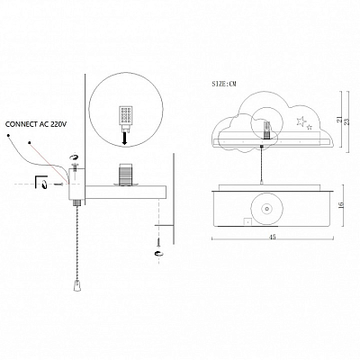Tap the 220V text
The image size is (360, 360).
click(x=58, y=124)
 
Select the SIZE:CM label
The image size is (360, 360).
click(x=224, y=84)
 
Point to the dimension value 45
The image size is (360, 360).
click(x=273, y=238)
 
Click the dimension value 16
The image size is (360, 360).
click(x=340, y=205)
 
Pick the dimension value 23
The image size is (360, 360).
click(x=348, y=121)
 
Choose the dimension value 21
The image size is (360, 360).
click(x=339, y=120)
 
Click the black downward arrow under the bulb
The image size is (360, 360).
click(x=125, y=139)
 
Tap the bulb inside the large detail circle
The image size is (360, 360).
click(x=126, y=118)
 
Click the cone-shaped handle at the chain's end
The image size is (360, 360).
click(x=76, y=285)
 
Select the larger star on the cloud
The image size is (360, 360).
click(x=301, y=121)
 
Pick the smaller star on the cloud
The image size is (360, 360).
click(x=310, y=127)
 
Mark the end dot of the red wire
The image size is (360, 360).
click(x=30, y=142)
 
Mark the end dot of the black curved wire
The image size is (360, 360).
click(x=8, y=136)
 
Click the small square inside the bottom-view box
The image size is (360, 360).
click(x=247, y=221)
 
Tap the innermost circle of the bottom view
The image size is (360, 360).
click(x=265, y=209)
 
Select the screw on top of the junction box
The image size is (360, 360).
click(x=74, y=166)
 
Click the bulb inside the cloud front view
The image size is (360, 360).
click(x=266, y=130)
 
